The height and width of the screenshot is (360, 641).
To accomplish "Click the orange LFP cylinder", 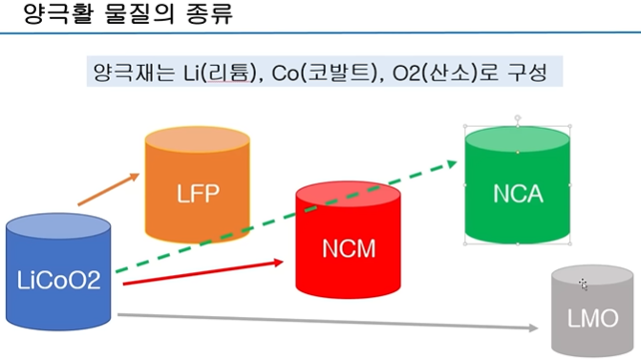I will pyautogui.click(x=197, y=191).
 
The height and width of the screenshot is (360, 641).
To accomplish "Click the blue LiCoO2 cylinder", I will pyautogui.click(x=59, y=277).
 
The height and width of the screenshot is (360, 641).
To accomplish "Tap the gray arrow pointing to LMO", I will pyautogui.click(x=325, y=322).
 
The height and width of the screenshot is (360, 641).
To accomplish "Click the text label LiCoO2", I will pyautogui.click(x=59, y=282).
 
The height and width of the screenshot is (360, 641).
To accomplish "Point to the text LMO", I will pyautogui.click(x=592, y=319).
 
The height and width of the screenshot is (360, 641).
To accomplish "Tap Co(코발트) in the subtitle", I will pyautogui.click(x=324, y=73).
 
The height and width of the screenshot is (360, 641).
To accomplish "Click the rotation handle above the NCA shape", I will pyautogui.click(x=518, y=118).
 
